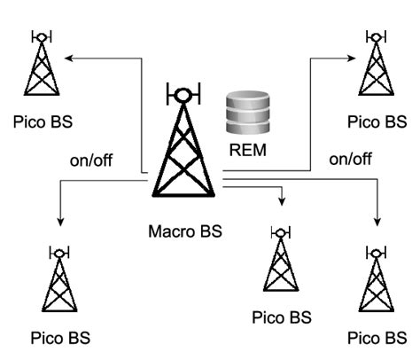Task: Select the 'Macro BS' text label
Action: click(184, 234)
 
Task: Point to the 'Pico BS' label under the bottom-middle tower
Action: click(282, 317)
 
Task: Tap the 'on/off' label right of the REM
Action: click(349, 160)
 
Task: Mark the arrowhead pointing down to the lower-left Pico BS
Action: click(60, 218)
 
